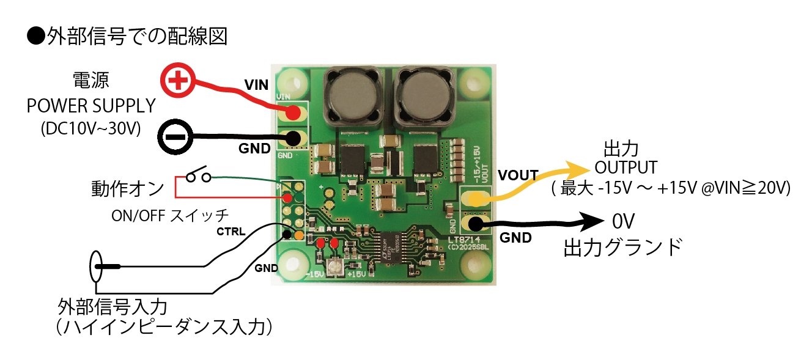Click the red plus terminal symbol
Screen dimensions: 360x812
[x=178, y=81]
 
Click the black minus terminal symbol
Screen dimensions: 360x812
[x=175, y=136]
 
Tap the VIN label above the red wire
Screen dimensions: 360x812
[x=256, y=85]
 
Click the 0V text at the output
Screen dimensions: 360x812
[x=624, y=221]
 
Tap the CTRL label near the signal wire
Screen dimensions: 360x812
[x=231, y=232]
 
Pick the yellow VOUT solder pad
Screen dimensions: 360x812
[x=474, y=198]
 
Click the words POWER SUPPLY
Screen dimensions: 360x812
[x=91, y=106]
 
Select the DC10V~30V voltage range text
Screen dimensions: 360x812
[x=90, y=129]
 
